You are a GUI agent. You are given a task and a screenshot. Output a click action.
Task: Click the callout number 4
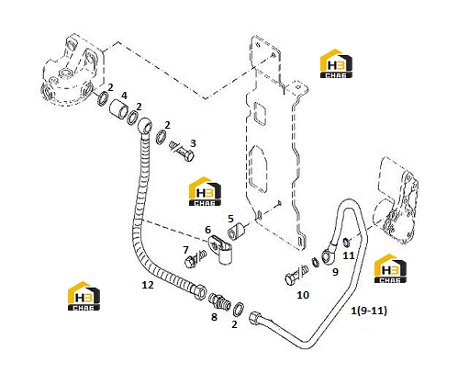point(124,96)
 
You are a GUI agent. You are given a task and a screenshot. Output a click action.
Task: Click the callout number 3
point(193,143)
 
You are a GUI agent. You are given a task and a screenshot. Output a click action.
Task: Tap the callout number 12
point(148,285)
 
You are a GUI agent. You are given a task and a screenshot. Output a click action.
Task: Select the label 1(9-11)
point(369,311)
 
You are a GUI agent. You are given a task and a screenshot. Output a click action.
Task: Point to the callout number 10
point(303,295)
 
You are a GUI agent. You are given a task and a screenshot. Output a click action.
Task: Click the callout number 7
point(185,250)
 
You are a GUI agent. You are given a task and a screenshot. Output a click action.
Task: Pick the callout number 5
point(230,219)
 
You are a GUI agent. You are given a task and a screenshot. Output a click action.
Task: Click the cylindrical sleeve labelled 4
point(118,109)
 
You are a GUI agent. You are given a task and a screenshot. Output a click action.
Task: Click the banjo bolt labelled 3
point(182,151)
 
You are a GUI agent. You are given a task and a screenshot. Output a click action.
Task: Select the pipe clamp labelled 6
point(221,249)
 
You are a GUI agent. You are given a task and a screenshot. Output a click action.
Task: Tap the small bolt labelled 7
point(195,259)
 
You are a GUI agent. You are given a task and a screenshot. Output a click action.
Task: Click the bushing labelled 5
point(236,232)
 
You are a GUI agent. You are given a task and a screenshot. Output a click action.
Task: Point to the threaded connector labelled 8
point(218,301)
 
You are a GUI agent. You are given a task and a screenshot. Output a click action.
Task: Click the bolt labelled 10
point(296,275)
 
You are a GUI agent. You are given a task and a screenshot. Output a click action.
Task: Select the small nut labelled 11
point(346,242)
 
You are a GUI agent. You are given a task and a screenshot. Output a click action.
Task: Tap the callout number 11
point(349,255)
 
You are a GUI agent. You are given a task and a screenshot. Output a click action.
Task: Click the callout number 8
point(214,317)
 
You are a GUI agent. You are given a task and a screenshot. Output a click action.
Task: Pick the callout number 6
point(208,230)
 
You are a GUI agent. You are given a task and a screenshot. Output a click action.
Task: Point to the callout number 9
point(335,272)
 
